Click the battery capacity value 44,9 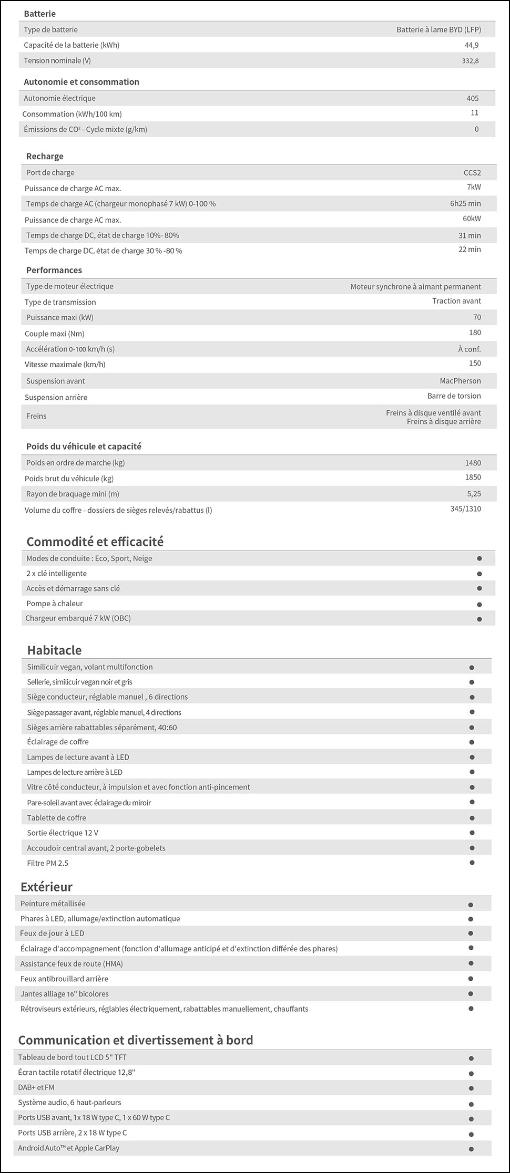click(471, 45)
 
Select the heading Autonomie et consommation click(81, 82)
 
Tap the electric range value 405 click(472, 98)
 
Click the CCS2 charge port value click(472, 172)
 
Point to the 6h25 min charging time click(465, 203)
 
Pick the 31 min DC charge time click(470, 235)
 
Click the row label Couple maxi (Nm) click(54, 334)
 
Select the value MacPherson click(460, 381)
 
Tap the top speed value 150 click(475, 364)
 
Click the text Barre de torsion click(454, 396)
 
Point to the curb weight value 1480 click(473, 463)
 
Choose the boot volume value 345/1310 click(465, 508)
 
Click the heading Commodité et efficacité click(95, 542)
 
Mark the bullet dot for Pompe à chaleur click(479, 604)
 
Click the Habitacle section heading click(54, 650)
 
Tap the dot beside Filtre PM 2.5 click(472, 863)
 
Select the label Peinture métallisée click(53, 904)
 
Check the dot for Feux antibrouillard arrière click(471, 979)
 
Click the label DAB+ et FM click(36, 1087)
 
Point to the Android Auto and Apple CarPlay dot click(471, 1148)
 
